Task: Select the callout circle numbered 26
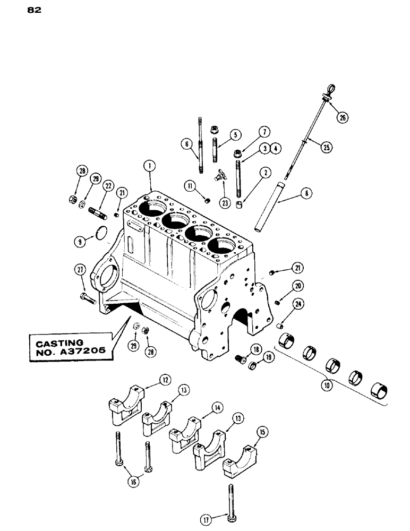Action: tap(342, 118)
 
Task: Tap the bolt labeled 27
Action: tap(89, 297)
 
